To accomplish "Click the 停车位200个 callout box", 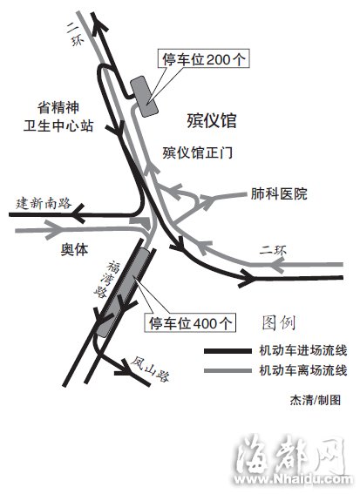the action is pyautogui.click(x=204, y=58).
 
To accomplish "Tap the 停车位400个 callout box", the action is pyautogui.click(x=190, y=322).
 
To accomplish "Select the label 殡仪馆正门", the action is pyautogui.click(x=198, y=152).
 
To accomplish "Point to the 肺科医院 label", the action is pyautogui.click(x=279, y=193).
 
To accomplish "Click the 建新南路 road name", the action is pyautogui.click(x=44, y=203).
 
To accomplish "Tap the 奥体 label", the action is pyautogui.click(x=74, y=250).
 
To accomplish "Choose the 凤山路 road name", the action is pyautogui.click(x=151, y=369).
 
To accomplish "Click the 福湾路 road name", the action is pyautogui.click(x=106, y=279).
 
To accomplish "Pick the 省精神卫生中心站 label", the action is pyautogui.click(x=58, y=117).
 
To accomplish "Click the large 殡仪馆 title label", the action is pyautogui.click(x=212, y=120).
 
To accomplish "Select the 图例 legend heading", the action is pyautogui.click(x=279, y=322).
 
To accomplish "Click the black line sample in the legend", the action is pyautogui.click(x=228, y=351).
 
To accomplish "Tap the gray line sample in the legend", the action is pyautogui.click(x=228, y=370).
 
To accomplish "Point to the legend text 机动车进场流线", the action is pyautogui.click(x=303, y=350).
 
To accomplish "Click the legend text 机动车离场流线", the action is pyautogui.click(x=303, y=370).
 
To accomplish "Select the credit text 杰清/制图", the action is pyautogui.click(x=316, y=400).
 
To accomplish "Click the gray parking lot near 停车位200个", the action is pyautogui.click(x=144, y=97).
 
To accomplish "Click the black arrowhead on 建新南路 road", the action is pyautogui.click(x=78, y=214).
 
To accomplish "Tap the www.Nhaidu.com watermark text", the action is pyautogui.click(x=293, y=479).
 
